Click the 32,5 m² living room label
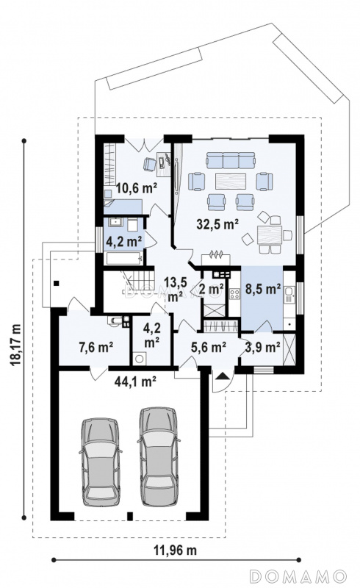(218, 224)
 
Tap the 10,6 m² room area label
(136, 187)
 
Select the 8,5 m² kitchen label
(263, 289)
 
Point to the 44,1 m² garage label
(135, 381)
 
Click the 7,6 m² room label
(96, 347)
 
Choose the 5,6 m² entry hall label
(209, 347)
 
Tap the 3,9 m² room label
(263, 347)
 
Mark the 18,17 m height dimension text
(15, 344)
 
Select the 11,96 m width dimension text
(175, 550)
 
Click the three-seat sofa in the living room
(230, 160)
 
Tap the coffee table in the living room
(231, 181)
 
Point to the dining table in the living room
(269, 235)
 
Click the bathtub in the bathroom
(124, 259)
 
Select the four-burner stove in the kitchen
(235, 293)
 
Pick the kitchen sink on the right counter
(290, 295)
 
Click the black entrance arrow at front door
(222, 376)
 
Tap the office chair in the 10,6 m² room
(150, 164)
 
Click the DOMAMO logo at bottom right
(298, 576)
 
